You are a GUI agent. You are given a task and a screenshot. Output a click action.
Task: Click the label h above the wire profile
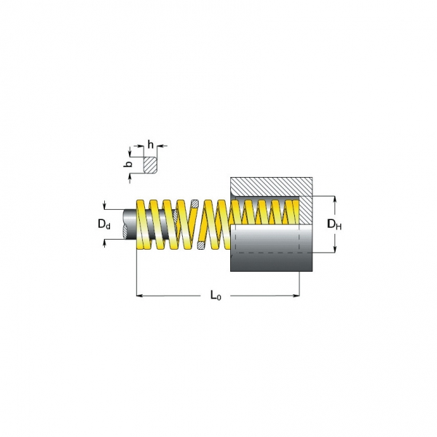(x=150, y=145)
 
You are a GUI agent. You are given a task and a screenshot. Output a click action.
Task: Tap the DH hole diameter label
(x=334, y=224)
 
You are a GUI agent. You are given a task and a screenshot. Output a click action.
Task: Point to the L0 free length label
(x=215, y=296)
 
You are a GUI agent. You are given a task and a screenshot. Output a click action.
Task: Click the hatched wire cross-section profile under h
(x=150, y=165)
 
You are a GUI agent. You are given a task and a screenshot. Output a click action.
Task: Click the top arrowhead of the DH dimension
(x=335, y=199)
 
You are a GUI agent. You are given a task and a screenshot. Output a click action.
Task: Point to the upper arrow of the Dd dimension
(x=106, y=206)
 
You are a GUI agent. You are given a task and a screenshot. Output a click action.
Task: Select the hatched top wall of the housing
(x=269, y=186)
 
